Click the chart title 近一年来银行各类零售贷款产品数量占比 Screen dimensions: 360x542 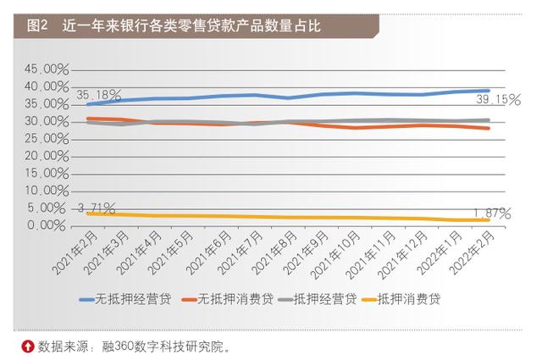point(191,26)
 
